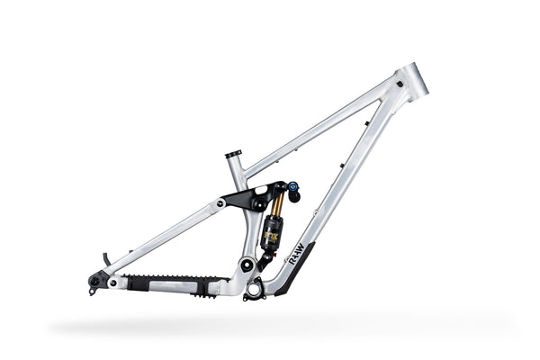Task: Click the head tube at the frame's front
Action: (413, 80)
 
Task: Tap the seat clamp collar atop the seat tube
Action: (234, 154)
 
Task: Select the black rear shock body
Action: (271, 232)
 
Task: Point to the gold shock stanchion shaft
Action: (277, 206)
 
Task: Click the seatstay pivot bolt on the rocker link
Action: (220, 203)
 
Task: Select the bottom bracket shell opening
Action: (254, 290)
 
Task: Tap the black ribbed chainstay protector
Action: (171, 282)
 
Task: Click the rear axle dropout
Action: (94, 281)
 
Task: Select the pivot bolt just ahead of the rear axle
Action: (112, 283)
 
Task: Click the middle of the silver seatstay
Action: (162, 238)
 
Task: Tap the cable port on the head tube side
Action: (395, 93)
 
